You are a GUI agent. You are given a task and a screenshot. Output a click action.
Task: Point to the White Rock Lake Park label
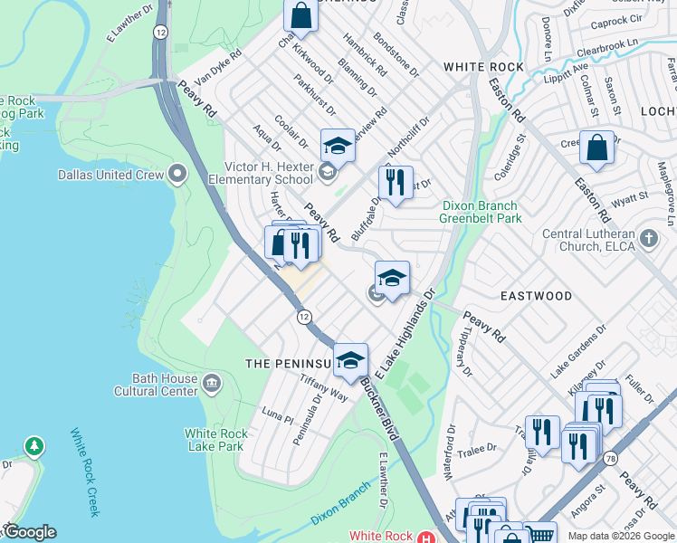[x=215, y=439]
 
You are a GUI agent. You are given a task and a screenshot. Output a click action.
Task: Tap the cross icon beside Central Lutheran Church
[x=647, y=239]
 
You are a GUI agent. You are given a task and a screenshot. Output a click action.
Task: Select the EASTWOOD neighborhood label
[x=537, y=296]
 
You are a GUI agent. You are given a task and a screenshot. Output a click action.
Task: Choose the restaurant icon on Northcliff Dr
[x=396, y=184]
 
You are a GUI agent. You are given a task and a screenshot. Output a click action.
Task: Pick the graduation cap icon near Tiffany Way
[x=350, y=360]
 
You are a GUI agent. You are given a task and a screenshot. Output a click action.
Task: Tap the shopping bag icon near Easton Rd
[x=596, y=148]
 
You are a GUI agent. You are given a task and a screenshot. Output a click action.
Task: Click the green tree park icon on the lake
[x=33, y=446]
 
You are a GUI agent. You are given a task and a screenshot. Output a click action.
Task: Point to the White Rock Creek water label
[x=83, y=472]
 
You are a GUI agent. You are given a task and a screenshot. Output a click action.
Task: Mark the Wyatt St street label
[x=630, y=196]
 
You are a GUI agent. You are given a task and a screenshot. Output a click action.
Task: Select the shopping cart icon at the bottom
[x=540, y=534]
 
